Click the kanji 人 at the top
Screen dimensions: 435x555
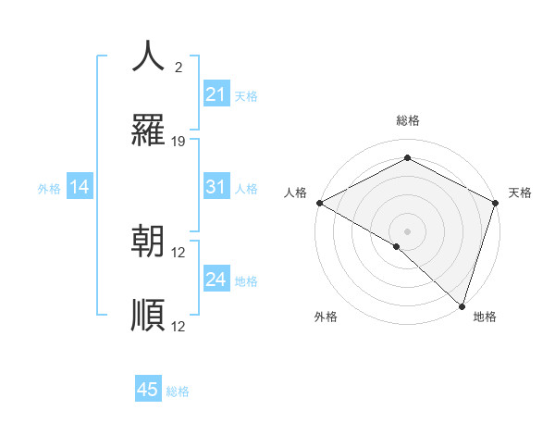tap(148, 56)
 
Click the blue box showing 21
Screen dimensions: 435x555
tap(216, 94)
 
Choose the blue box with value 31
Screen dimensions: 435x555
tap(216, 187)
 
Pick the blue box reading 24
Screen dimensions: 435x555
tap(216, 280)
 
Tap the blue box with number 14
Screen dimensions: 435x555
tap(80, 187)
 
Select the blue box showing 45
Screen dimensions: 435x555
tap(148, 390)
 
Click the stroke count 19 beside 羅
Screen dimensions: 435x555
tap(179, 142)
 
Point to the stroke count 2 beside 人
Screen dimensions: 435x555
tap(179, 67)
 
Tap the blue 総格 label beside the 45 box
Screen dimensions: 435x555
tap(178, 391)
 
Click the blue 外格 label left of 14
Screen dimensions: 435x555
tap(49, 188)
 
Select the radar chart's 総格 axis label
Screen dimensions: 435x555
tap(407, 120)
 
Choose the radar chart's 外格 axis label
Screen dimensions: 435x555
tap(326, 317)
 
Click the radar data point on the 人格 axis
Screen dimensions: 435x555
tap(319, 203)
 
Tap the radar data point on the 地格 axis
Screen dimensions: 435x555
tap(461, 304)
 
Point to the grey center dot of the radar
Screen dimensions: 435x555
tap(407, 230)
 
